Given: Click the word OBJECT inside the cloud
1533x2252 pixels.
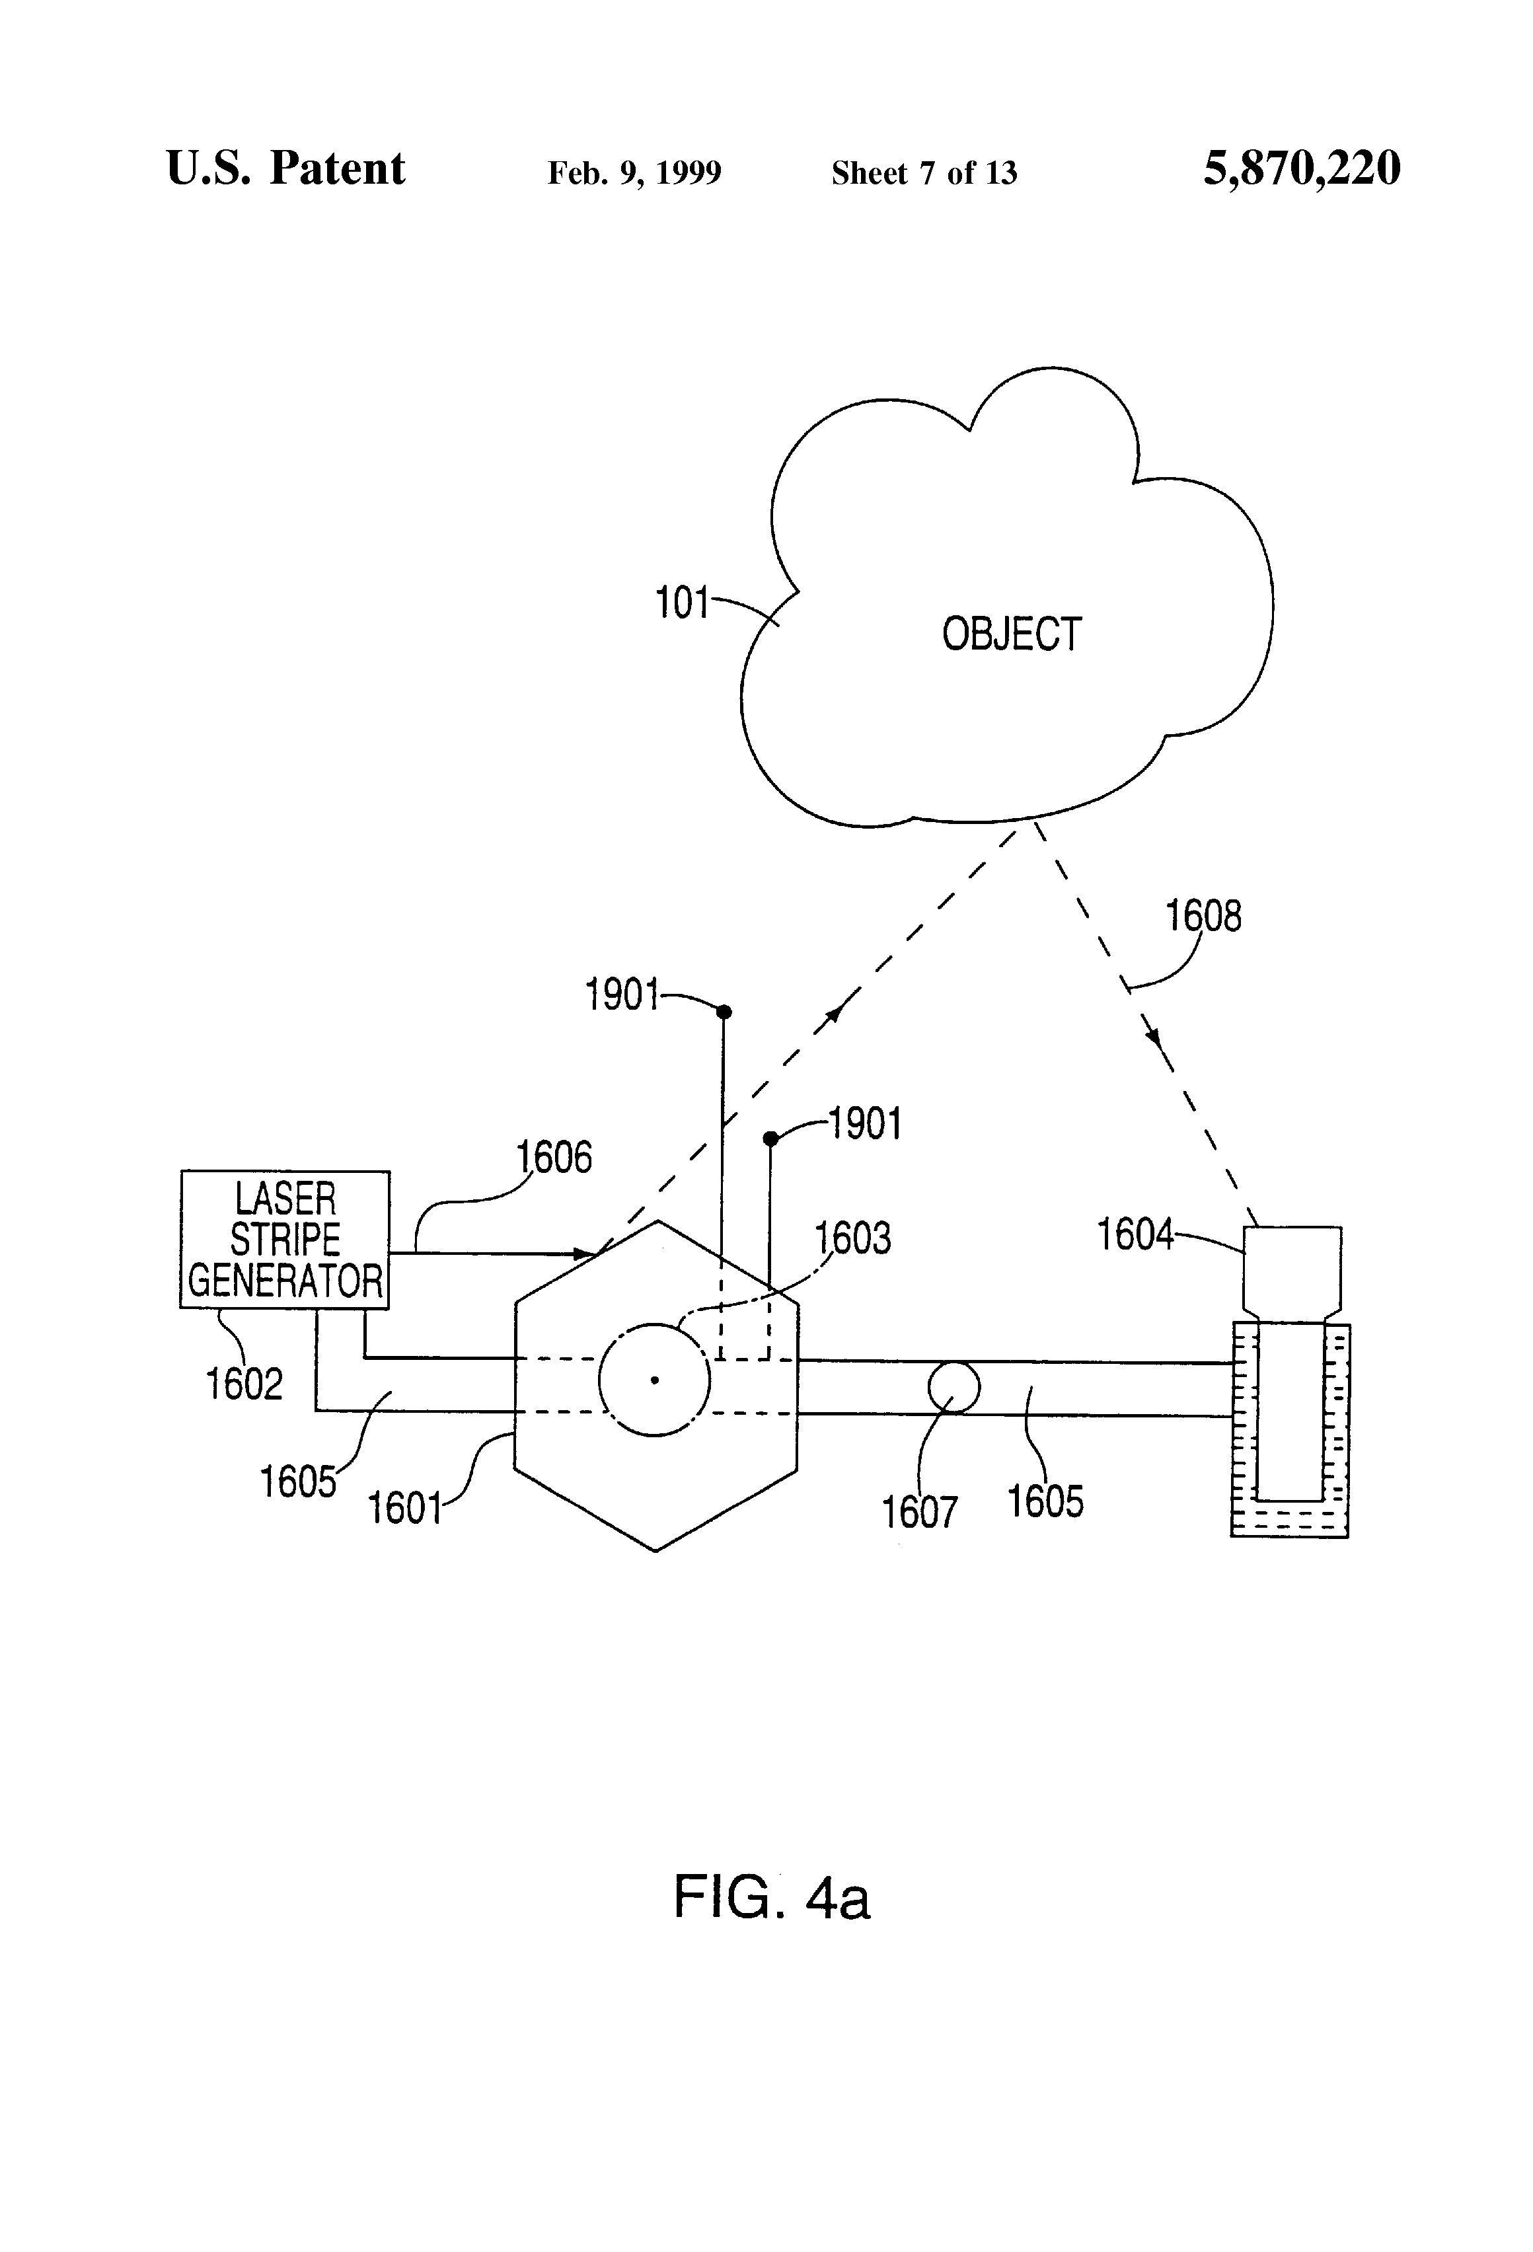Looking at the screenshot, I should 1011,635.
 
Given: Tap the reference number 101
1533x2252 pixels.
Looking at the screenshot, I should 682,603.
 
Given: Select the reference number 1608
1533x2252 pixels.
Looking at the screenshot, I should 1203,916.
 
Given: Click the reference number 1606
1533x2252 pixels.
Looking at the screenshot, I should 553,1157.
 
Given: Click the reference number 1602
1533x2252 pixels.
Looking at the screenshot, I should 244,1384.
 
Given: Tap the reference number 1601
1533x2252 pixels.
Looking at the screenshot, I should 404,1508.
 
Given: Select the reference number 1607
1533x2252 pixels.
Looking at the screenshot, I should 918,1512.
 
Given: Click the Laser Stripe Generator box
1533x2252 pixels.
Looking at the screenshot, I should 285,1240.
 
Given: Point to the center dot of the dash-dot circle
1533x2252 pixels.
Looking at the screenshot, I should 655,1380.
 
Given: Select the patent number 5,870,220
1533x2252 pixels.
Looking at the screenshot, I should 1302,169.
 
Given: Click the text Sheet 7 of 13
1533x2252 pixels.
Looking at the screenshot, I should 924,173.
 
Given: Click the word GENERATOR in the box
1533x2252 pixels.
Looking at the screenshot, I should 285,1281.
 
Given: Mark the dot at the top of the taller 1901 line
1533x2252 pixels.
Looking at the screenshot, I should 723,1012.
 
